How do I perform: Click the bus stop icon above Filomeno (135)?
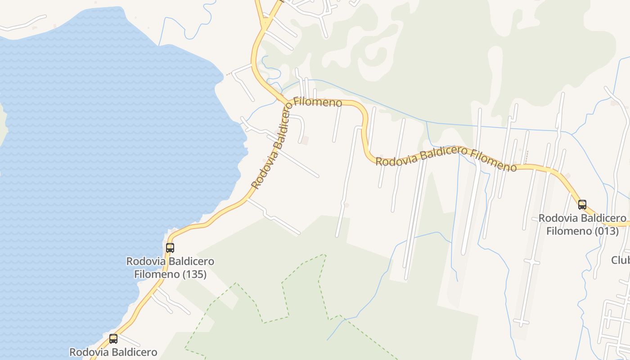[170, 247]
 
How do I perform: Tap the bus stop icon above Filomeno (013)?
[582, 205]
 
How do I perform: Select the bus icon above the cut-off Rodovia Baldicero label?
[113, 338]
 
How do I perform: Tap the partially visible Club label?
[621, 260]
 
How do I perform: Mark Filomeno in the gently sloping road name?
[494, 160]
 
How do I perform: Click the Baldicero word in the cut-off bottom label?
[135, 352]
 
